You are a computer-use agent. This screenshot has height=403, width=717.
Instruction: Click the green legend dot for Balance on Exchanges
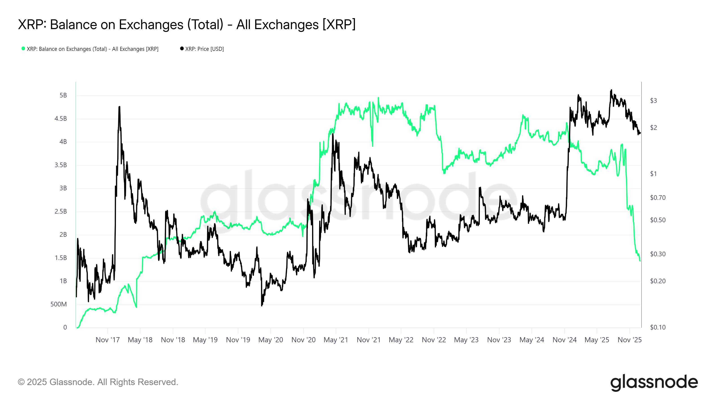coord(23,49)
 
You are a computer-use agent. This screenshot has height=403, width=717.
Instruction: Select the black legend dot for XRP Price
coord(182,49)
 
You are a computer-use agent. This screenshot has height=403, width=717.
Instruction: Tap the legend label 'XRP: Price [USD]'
coord(204,49)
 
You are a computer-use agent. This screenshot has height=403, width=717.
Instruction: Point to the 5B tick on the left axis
coord(63,95)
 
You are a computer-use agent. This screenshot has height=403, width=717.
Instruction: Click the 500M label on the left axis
coord(58,304)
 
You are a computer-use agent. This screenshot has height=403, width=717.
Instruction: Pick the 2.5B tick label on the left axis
coord(61,211)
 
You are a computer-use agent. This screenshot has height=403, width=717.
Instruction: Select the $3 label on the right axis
coord(653,101)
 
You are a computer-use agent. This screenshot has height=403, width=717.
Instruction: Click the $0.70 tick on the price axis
coord(657,198)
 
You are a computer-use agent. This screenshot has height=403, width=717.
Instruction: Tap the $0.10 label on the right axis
coord(657,327)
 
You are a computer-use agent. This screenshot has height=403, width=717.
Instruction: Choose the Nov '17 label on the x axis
coord(108,340)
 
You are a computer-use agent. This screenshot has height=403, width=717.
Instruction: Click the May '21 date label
coord(336,340)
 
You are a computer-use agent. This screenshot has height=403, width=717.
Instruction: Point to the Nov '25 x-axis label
coord(629,340)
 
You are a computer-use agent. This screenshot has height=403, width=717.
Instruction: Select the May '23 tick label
coord(466,340)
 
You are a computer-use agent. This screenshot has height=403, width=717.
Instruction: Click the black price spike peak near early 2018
coord(119,107)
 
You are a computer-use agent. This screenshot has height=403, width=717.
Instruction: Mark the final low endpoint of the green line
coord(640,261)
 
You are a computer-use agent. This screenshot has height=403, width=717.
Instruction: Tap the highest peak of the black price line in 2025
coord(611,90)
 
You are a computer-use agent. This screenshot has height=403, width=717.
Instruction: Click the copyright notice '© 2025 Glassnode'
coord(98,382)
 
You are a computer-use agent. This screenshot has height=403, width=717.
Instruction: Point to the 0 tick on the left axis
coord(65,327)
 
